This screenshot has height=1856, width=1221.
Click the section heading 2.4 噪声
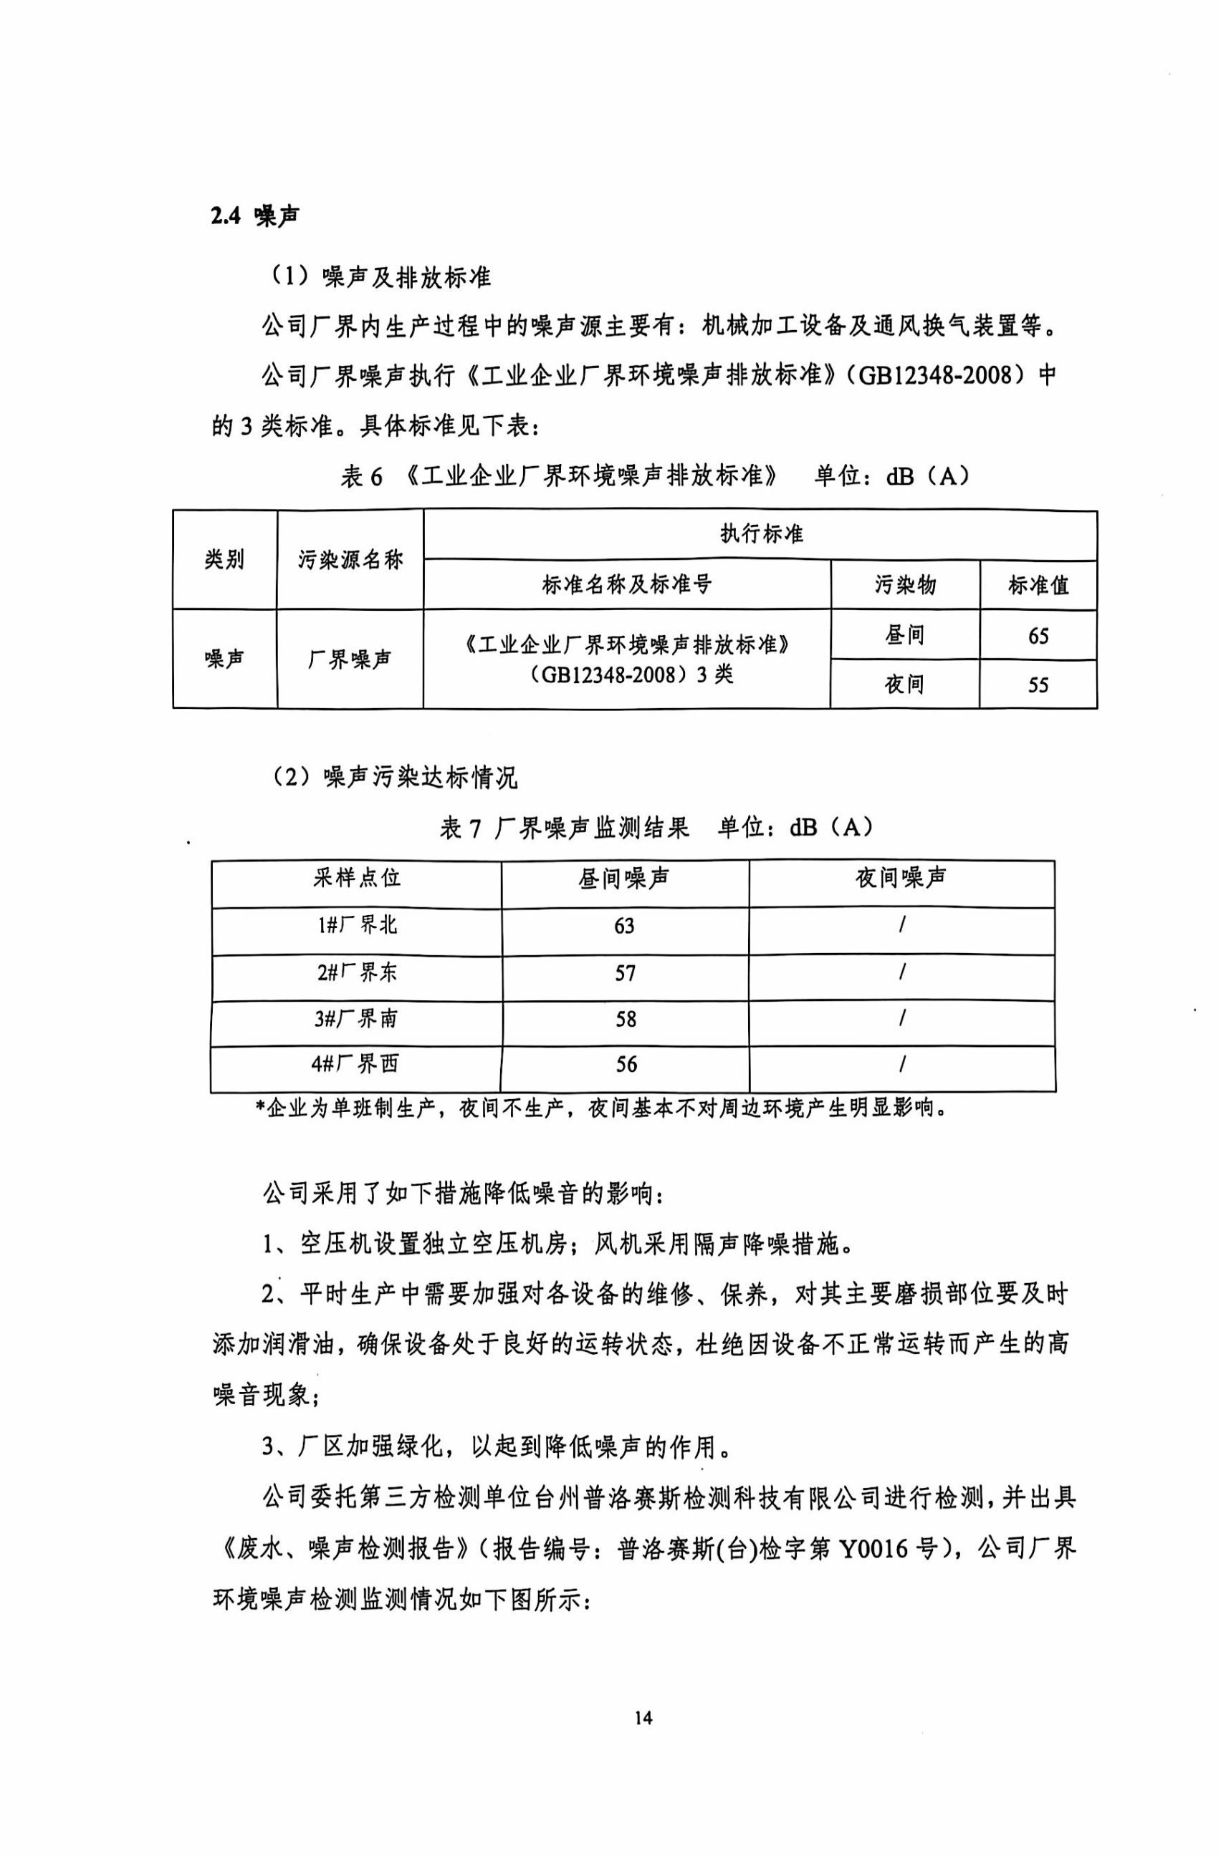coord(254,217)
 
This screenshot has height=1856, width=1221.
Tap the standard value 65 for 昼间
coord(1038,637)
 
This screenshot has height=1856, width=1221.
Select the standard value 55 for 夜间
coord(1038,685)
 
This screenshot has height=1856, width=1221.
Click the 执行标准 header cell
coord(761,535)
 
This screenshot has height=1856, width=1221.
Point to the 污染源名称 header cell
coord(350,559)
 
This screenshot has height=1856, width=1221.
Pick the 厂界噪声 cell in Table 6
coord(350,659)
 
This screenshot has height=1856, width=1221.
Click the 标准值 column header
coord(1038,585)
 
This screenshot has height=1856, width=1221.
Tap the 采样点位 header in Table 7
coord(357,878)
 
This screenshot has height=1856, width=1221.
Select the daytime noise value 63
coord(624,926)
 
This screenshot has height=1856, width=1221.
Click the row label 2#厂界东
coord(357,972)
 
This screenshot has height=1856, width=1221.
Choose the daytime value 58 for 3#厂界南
coord(626,1019)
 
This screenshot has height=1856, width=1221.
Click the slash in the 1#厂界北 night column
coord(902,926)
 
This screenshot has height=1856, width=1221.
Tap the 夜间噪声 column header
coord(901,878)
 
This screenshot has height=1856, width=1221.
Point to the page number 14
coord(643,1718)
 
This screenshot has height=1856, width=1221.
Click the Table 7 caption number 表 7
coord(460,828)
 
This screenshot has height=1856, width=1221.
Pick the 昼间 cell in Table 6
coord(904,636)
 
